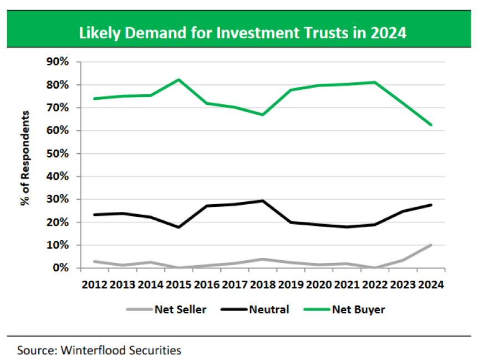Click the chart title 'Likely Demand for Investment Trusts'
coord(243,33)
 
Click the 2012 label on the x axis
coord(95,285)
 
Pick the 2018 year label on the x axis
coord(263,285)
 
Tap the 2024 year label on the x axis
coord(431,285)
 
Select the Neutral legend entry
coord(268,310)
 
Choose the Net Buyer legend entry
coord(358,310)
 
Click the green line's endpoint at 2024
coord(431,125)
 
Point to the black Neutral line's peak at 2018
coord(263,201)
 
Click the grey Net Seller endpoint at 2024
coord(431,245)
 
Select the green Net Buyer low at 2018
coord(263,115)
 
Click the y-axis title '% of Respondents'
coord(25,158)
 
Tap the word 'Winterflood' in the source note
coord(89,351)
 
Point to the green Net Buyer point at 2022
coord(375,82)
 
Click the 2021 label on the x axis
coord(347,285)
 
